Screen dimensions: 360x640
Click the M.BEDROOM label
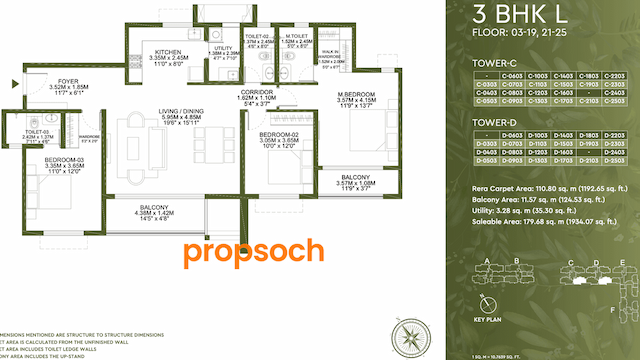357,95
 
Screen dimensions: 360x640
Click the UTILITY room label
222,47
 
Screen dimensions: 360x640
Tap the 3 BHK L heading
507,17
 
